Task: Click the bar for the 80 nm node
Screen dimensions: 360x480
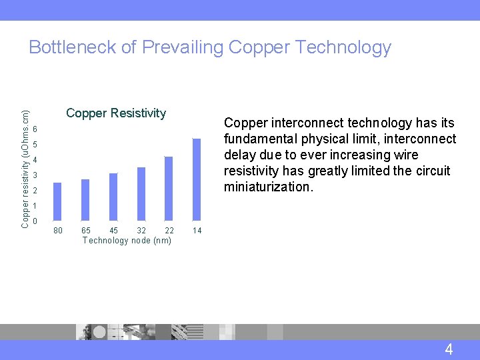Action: click(57, 201)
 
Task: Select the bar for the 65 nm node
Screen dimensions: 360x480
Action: click(85, 199)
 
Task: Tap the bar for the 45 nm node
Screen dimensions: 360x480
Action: click(113, 196)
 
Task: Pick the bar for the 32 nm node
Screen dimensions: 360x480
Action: click(141, 193)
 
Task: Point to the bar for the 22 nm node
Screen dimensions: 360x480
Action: click(169, 188)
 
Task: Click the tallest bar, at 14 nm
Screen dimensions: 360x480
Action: click(197, 179)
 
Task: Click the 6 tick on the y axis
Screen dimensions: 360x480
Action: click(34, 129)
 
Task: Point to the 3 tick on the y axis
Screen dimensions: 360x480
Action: click(34, 175)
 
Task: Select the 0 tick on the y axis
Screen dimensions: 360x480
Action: click(34, 221)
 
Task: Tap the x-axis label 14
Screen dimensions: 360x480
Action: click(197, 231)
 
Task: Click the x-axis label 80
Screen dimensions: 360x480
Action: click(58, 231)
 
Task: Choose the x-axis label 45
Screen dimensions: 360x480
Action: click(113, 231)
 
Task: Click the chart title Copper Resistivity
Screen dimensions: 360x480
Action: click(116, 113)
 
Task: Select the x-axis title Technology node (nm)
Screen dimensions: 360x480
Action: click(127, 240)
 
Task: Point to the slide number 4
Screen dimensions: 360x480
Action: click(449, 349)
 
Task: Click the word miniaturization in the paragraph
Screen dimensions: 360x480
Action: click(267, 187)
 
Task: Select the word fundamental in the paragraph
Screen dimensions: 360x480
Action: click(261, 139)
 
